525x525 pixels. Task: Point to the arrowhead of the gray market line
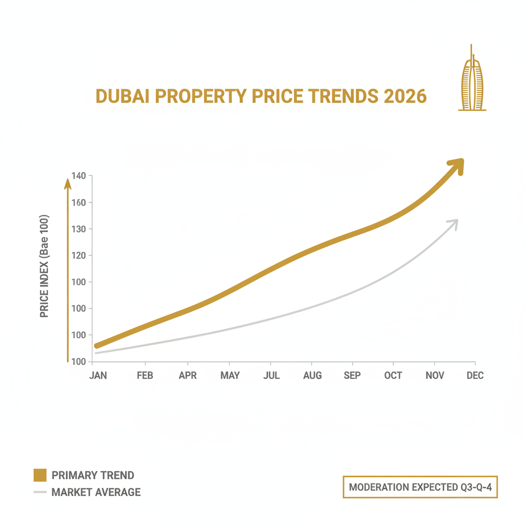click(453, 223)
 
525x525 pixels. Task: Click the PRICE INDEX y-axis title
click(45, 265)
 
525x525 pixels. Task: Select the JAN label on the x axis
click(98, 376)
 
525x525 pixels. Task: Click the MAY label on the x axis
click(230, 376)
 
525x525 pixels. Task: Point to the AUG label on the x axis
click(312, 376)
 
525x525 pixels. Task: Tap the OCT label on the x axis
click(393, 376)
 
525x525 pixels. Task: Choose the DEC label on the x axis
click(475, 376)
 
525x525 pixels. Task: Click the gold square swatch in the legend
click(40, 475)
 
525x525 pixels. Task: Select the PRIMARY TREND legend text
click(93, 475)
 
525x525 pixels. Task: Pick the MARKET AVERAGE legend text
click(96, 492)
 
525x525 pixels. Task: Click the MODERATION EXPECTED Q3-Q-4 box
click(420, 487)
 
